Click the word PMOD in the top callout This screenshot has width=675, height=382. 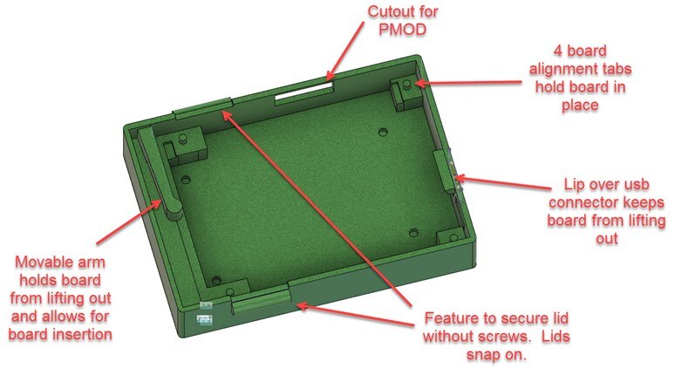point(403,30)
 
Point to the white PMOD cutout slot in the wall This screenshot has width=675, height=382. point(304,92)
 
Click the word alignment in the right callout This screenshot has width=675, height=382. point(580,69)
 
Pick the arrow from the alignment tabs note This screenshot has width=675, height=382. point(468,82)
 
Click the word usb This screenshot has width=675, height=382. point(634,185)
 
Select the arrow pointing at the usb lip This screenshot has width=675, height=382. point(503,182)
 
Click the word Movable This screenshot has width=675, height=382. point(38,262)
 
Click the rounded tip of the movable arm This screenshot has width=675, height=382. point(173,210)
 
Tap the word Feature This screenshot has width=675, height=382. point(450,318)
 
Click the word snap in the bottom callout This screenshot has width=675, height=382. point(483,355)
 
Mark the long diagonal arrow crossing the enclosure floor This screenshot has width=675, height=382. point(317,208)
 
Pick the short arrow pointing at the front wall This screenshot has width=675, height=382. point(355,316)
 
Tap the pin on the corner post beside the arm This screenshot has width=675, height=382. point(183,139)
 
